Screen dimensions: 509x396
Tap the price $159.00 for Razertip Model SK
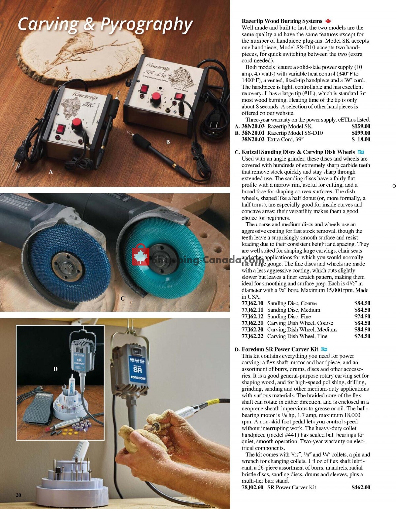pos(361,126)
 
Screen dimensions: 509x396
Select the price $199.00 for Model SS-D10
pos(361,133)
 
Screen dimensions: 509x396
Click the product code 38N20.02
pos(253,139)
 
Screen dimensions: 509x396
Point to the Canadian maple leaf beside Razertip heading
pos(328,21)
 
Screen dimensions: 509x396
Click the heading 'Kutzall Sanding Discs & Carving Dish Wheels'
pos(298,152)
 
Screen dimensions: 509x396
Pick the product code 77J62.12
pos(252,316)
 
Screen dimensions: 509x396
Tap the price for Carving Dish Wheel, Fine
pos(362,336)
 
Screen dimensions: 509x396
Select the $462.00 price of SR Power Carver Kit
pos(361,487)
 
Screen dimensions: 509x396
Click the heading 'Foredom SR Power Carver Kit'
pos(280,349)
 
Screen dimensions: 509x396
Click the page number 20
pos(18,495)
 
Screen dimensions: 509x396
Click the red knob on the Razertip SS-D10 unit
pos(155,98)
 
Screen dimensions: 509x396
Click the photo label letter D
pos(55,369)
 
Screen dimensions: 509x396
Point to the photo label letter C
pos(122,299)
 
